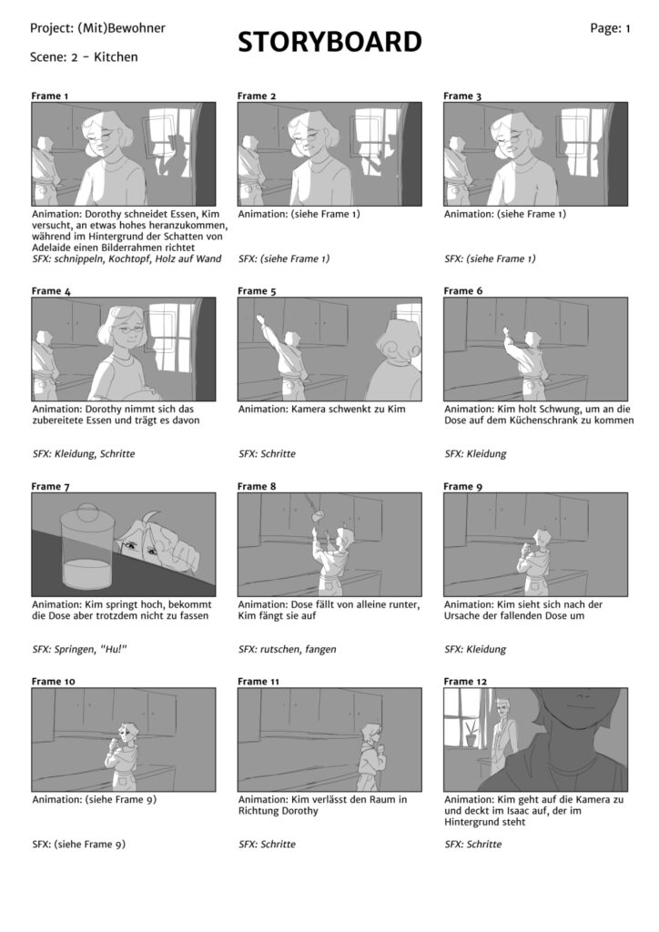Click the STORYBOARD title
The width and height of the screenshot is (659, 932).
point(329,42)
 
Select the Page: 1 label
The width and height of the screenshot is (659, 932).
point(610,28)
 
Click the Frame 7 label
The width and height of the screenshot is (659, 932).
point(50,486)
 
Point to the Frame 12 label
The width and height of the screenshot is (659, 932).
point(465,681)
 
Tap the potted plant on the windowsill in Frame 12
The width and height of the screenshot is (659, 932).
point(471,734)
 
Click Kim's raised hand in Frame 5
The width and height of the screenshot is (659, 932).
point(261,319)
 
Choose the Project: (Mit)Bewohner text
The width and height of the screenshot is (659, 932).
point(97,28)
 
